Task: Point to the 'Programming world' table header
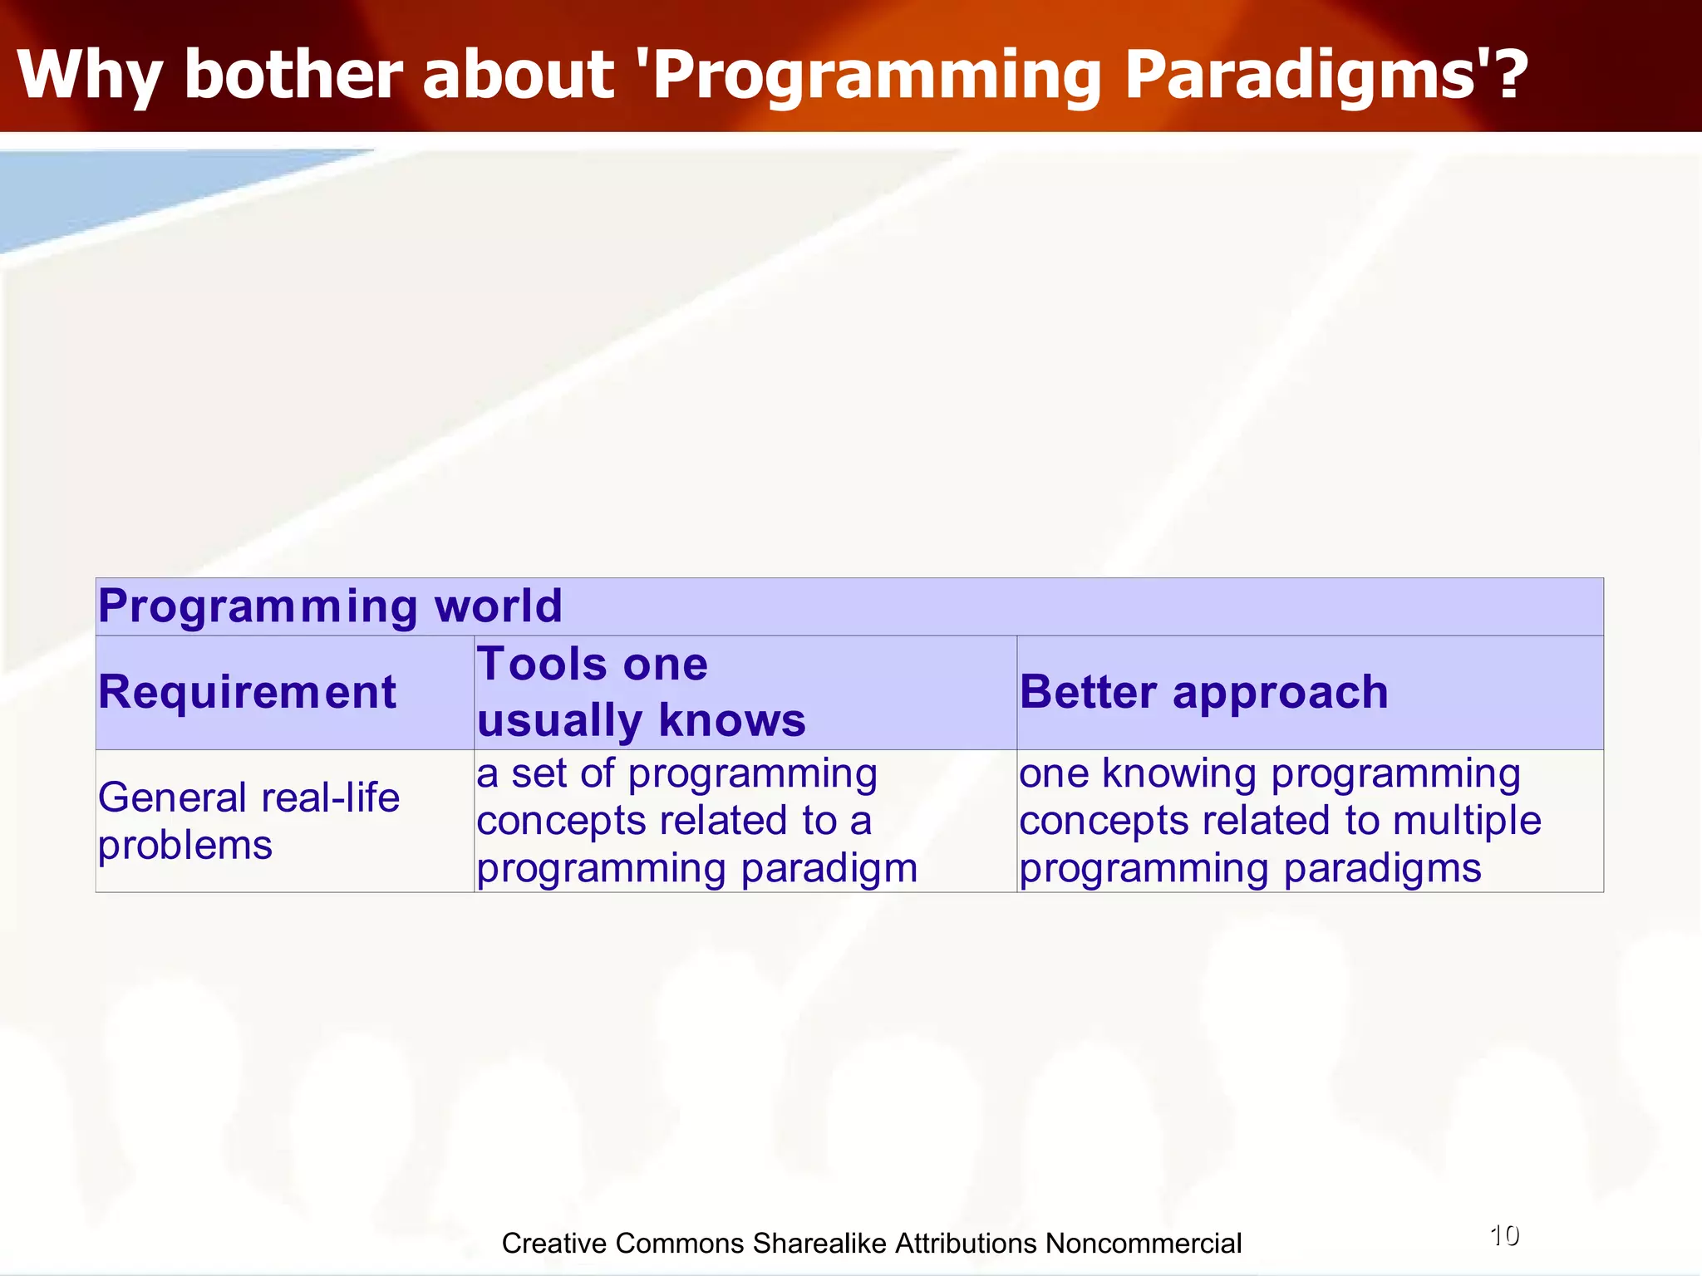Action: coord(330,606)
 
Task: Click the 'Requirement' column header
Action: coord(248,692)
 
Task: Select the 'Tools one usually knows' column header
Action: coord(641,692)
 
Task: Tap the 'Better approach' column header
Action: coord(1203,692)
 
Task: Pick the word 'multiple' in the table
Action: coord(1467,821)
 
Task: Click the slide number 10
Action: coord(1504,1236)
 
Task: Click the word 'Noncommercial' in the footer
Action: coord(1144,1244)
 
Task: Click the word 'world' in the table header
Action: coord(499,606)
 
